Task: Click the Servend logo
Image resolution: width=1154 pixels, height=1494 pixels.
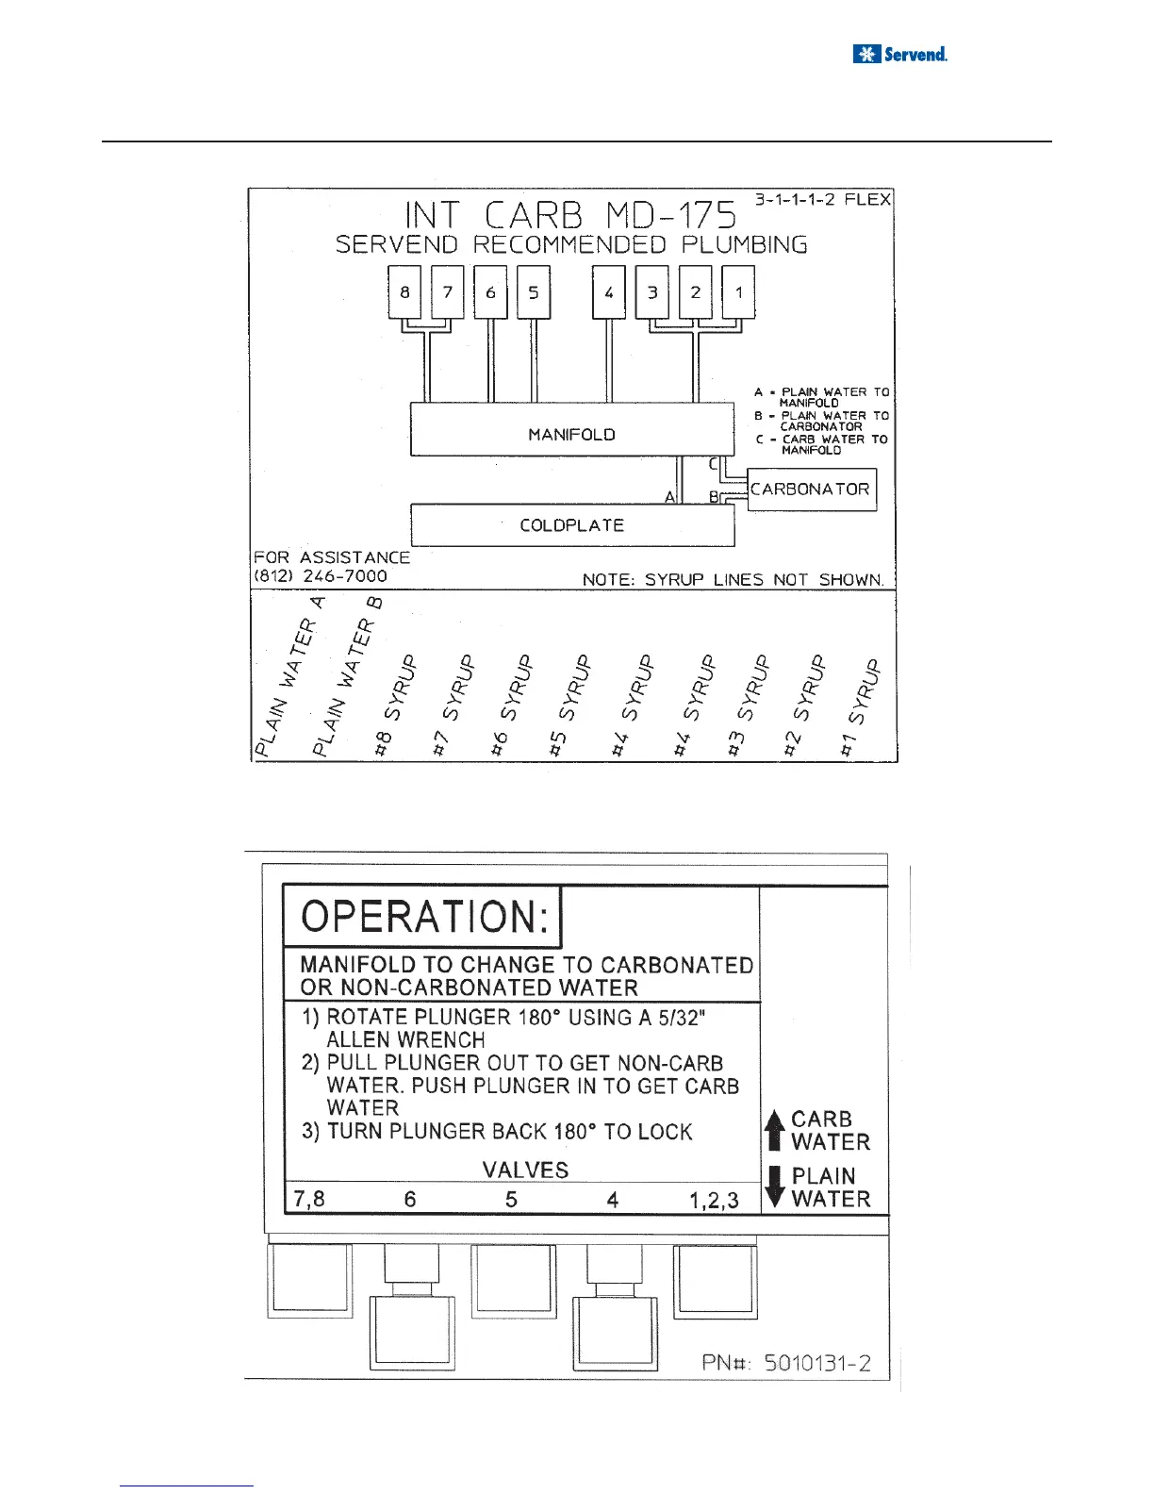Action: pos(899,54)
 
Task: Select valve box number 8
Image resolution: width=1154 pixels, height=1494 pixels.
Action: pos(404,292)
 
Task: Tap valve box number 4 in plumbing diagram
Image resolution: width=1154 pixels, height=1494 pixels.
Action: pos(609,292)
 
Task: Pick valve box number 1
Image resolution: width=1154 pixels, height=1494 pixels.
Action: pos(738,292)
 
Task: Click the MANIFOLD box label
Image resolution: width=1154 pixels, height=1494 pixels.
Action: pos(571,434)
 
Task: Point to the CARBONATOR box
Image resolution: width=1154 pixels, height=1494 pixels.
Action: pos(811,490)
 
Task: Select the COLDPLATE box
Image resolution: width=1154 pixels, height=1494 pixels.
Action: pos(571,525)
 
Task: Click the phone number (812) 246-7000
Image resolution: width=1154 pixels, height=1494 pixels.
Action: pos(321,576)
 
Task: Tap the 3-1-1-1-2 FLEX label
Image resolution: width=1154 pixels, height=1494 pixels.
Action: pos(821,200)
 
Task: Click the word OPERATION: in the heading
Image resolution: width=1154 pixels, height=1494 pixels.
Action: pos(424,917)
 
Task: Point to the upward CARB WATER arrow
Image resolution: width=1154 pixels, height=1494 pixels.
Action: pos(775,1130)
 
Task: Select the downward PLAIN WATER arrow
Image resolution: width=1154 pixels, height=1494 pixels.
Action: pos(775,1187)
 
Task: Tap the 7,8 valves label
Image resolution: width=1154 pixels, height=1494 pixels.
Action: pos(310,1200)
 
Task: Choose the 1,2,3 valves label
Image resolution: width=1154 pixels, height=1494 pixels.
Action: pos(714,1201)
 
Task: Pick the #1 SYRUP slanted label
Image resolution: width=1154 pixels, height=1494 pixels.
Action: pos(864,707)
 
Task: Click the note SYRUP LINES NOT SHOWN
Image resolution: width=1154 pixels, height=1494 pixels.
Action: pos(734,579)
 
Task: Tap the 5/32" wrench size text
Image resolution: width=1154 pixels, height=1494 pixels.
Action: pos(680,1018)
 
